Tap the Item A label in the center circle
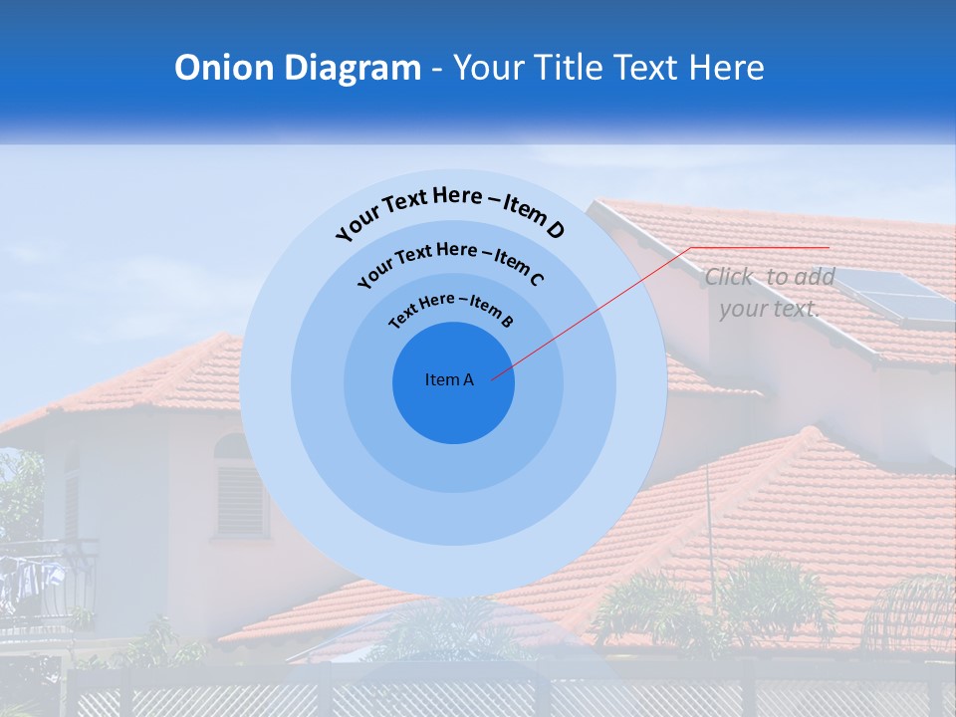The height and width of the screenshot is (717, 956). (449, 379)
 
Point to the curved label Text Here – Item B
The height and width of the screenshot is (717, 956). (450, 309)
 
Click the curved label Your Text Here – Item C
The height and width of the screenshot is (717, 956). (450, 261)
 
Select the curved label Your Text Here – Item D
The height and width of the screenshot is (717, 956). (450, 209)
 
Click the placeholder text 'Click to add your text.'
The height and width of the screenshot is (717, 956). (769, 293)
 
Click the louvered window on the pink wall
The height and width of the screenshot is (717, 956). (242, 498)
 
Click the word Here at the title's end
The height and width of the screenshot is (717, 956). (728, 68)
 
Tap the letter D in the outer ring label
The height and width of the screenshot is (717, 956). (555, 231)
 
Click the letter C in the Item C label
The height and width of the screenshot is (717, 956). (537, 279)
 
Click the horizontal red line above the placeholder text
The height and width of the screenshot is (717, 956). (759, 247)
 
